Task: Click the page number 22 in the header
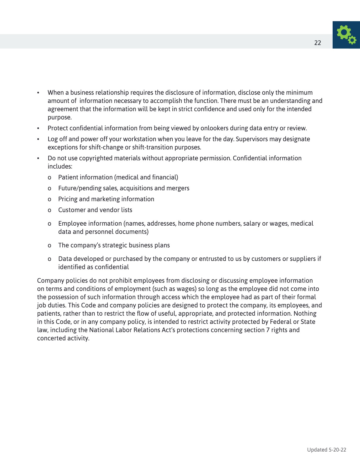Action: [318, 43]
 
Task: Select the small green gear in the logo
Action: [352, 40]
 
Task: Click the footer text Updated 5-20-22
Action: [326, 450]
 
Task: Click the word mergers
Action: [178, 188]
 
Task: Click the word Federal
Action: [281, 322]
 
